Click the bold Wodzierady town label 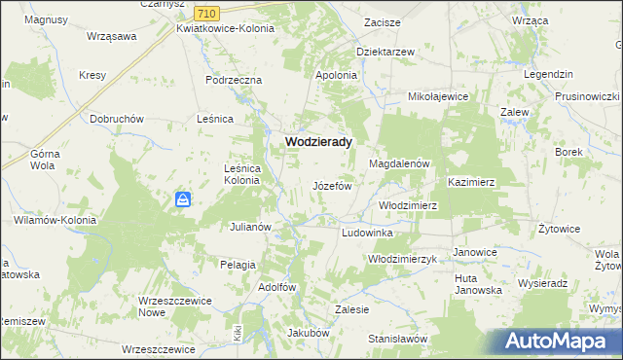tap(318, 141)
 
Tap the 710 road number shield tap(205, 13)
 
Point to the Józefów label tap(331, 185)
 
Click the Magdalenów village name tap(399, 164)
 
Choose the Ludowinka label tap(367, 234)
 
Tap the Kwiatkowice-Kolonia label tap(225, 28)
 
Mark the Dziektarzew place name tap(385, 53)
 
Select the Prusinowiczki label tap(587, 97)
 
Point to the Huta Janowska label tap(478, 283)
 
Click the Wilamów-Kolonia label tap(55, 220)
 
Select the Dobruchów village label tap(117, 119)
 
